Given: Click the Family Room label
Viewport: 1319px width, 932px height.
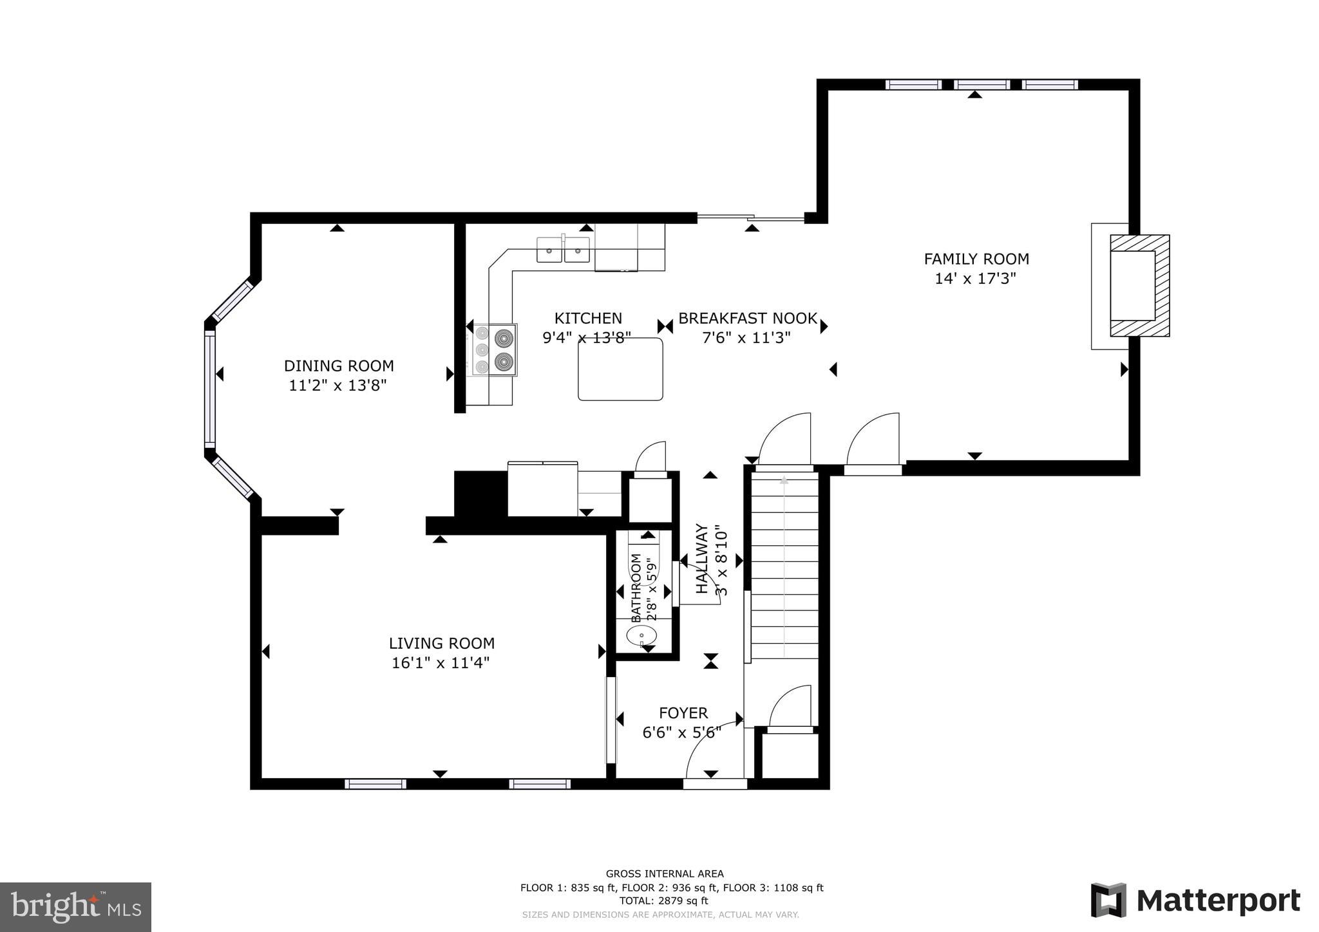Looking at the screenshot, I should [976, 259].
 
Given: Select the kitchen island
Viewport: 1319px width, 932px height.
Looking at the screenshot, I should [620, 369].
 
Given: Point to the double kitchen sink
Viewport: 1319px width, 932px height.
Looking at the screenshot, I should [563, 250].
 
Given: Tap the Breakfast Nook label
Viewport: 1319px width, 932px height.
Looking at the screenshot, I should [747, 318].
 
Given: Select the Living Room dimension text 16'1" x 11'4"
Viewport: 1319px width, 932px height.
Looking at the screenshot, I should [441, 663].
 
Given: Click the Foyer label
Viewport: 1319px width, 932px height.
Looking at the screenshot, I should [683, 713].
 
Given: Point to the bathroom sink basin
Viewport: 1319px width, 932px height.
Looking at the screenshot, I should [641, 635].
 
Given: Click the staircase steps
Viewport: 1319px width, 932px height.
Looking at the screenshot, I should [784, 566].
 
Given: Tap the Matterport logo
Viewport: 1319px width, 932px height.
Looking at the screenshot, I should [1195, 900].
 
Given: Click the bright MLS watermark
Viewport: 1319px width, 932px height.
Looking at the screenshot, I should [75, 908].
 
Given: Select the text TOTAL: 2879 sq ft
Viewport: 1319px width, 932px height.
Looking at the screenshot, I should [663, 901].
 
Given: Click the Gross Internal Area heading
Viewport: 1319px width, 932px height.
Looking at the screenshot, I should [664, 873].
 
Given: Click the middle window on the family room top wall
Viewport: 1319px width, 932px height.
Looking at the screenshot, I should [982, 84].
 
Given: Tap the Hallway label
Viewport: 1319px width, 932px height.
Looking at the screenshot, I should [702, 559].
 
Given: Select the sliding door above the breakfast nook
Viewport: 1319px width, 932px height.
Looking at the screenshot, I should [751, 219].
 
